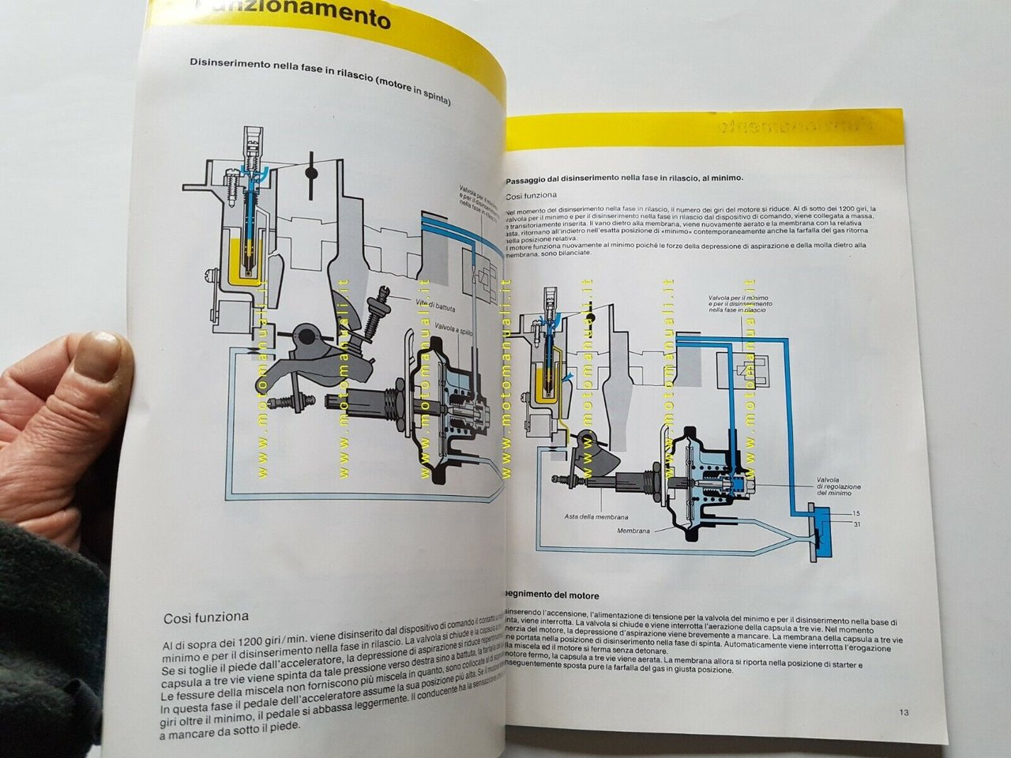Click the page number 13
click(904, 713)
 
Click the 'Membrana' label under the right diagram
click(633, 531)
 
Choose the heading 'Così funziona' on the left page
click(205, 617)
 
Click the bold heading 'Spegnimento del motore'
click(551, 595)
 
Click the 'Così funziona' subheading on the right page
click(531, 195)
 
